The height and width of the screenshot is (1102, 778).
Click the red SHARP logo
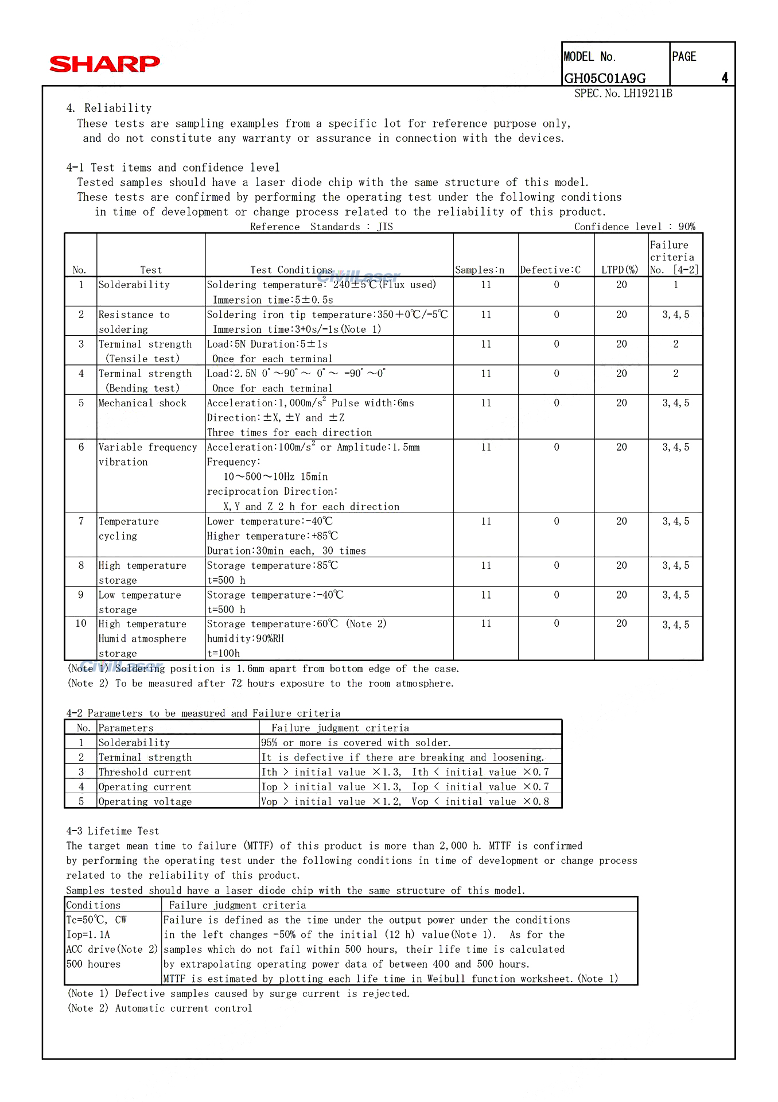coord(104,64)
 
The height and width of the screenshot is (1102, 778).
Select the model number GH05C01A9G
coord(605,79)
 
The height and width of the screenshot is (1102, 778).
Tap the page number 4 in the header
coord(725,78)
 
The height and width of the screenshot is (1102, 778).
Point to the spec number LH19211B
coord(623,94)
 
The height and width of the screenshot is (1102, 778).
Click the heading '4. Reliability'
coord(109,108)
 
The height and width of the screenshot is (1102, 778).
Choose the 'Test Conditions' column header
coord(291,270)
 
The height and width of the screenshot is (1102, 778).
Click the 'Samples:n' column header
coord(480,270)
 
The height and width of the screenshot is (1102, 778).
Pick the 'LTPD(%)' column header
coord(620,270)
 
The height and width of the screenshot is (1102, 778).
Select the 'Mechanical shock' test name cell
coord(142,403)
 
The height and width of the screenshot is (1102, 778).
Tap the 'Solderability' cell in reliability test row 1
coord(134,285)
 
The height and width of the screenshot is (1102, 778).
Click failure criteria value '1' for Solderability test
coord(676,285)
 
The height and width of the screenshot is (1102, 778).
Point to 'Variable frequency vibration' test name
coord(147,455)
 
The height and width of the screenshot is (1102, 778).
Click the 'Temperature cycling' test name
coord(129,529)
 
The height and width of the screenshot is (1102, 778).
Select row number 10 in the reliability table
coord(81,624)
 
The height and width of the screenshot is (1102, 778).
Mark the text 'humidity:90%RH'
coord(245,639)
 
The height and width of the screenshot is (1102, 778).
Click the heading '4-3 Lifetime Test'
coord(112,831)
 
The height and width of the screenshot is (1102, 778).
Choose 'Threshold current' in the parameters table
coord(145,773)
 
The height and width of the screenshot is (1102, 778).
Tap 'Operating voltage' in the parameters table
coord(145,802)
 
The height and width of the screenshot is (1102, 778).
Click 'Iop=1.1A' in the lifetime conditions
coord(88,935)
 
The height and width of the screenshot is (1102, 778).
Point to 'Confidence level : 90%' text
coord(635,227)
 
